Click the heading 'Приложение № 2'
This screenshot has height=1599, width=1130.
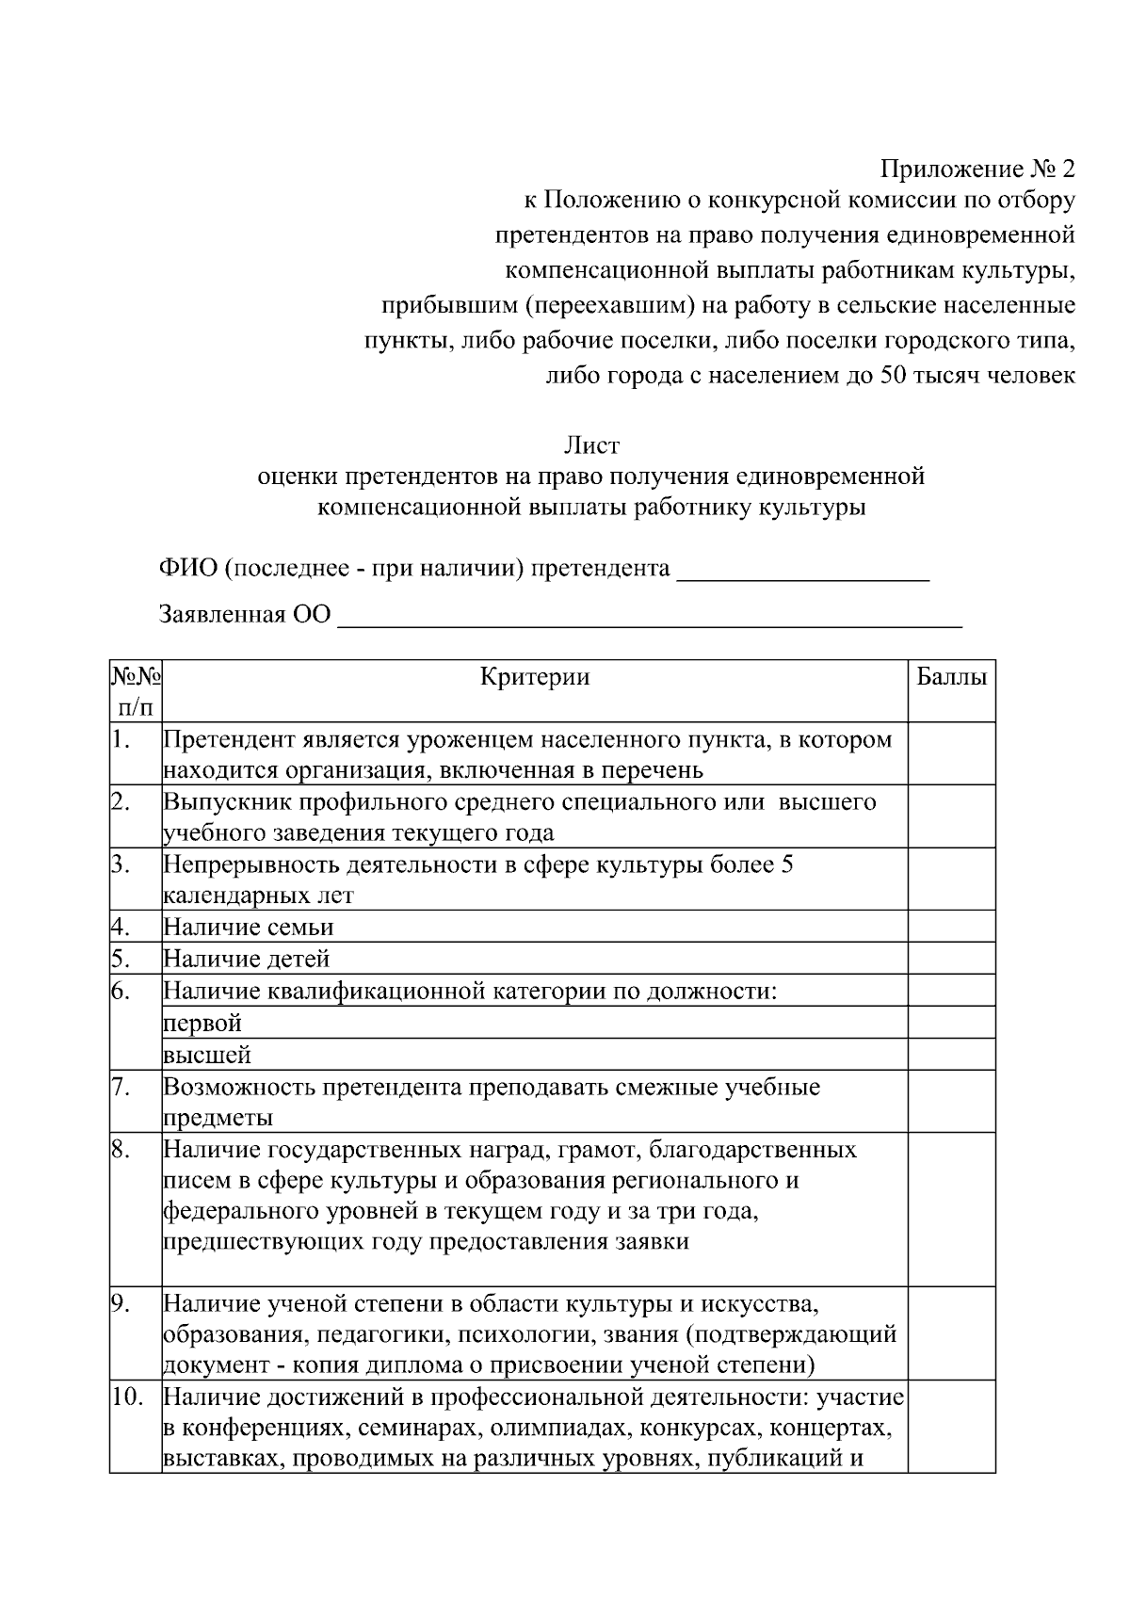pyautogui.click(x=977, y=170)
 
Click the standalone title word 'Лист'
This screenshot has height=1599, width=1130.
pyautogui.click(x=591, y=444)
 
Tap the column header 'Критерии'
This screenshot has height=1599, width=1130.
pyautogui.click(x=535, y=677)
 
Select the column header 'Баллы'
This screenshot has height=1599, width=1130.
pyautogui.click(x=952, y=677)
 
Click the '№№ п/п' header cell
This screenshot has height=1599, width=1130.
pyautogui.click(x=136, y=690)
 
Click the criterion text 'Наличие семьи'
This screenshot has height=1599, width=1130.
pyautogui.click(x=249, y=927)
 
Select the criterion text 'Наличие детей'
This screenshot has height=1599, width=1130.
pyautogui.click(x=247, y=959)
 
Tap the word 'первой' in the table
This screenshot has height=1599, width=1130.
pyautogui.click(x=202, y=1023)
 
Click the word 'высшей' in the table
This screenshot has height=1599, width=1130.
pyautogui.click(x=207, y=1055)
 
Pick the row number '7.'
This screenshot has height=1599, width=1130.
pyautogui.click(x=121, y=1087)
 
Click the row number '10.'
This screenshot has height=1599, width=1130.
pyautogui.click(x=126, y=1397)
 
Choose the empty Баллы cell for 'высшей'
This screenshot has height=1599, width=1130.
pyautogui.click(x=951, y=1054)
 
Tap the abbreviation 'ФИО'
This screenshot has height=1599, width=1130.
pyautogui.click(x=186, y=569)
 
